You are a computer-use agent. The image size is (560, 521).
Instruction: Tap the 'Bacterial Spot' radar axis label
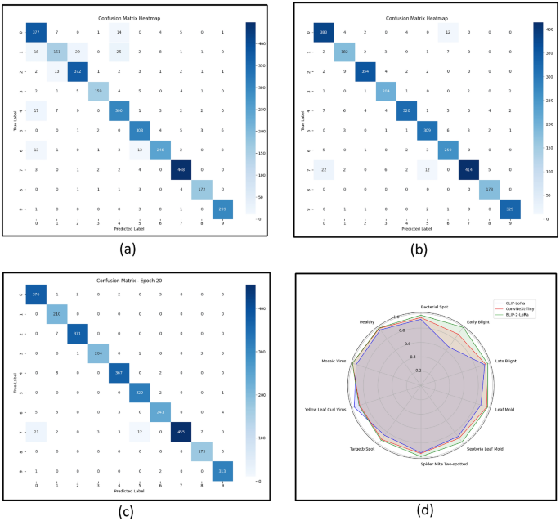click(x=419, y=308)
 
